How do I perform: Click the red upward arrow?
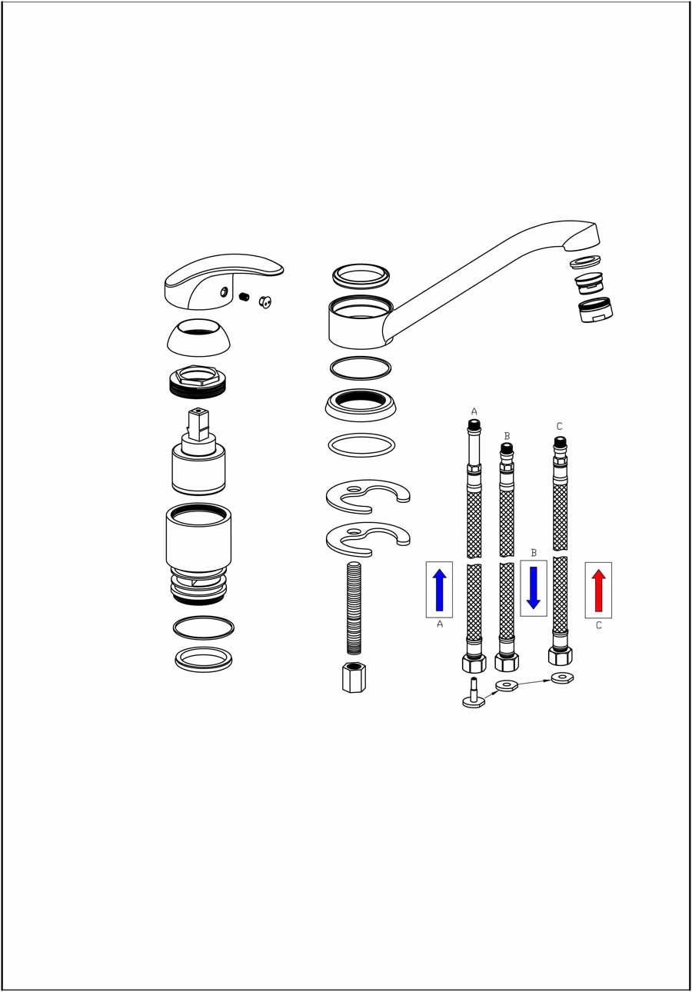pyautogui.click(x=598, y=590)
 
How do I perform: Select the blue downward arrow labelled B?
pyautogui.click(x=533, y=588)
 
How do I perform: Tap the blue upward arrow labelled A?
pyautogui.click(x=439, y=590)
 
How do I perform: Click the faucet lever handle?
pyautogui.click(x=224, y=281)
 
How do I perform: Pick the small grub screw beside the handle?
pyautogui.click(x=244, y=297)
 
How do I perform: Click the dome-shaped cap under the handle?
pyautogui.click(x=199, y=338)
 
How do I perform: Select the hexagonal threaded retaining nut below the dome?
pyautogui.click(x=198, y=381)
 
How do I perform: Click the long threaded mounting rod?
pyautogui.click(x=354, y=608)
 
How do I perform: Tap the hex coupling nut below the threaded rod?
pyautogui.click(x=354, y=677)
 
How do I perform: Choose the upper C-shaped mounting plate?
pyautogui.click(x=368, y=497)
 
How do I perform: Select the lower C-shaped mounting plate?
pyautogui.click(x=368, y=539)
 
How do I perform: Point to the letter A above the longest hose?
pyautogui.click(x=474, y=411)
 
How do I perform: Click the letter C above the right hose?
pyautogui.click(x=559, y=426)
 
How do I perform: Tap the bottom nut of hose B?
pyautogui.click(x=507, y=661)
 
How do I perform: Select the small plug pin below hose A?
pyautogui.click(x=474, y=692)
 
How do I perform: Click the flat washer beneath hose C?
pyautogui.click(x=562, y=677)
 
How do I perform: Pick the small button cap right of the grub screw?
pyautogui.click(x=265, y=302)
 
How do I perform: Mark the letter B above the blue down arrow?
pyautogui.click(x=534, y=553)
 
